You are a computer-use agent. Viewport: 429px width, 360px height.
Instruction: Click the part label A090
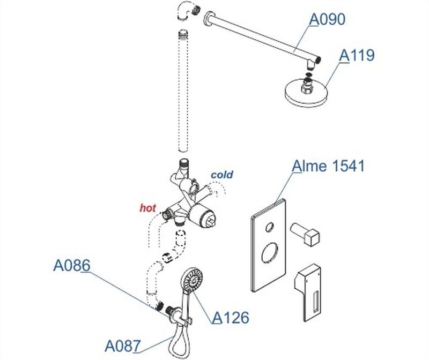[327, 20]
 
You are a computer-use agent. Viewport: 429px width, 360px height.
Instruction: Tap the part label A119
[357, 55]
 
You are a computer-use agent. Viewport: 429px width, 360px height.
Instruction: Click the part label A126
[231, 318]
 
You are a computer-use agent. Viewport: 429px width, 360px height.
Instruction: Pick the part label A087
[122, 345]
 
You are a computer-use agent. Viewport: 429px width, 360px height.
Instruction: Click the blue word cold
[222, 175]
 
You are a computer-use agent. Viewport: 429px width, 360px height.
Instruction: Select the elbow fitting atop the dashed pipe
[185, 11]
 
